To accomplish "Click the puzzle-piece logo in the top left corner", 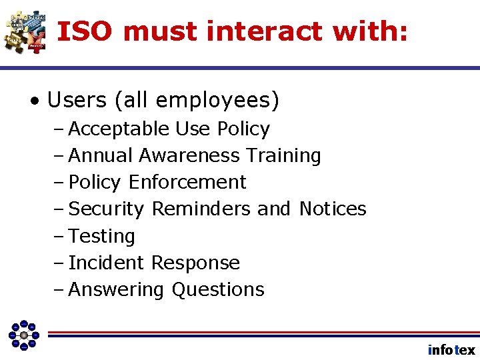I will coord(25,31).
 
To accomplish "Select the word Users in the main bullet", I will coord(77,101).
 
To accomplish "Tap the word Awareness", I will coord(189,155).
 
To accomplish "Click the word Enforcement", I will coord(187,182).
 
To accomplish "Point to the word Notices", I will coord(333,209).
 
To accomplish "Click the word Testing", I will coord(102,236).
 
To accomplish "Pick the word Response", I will coord(195,263).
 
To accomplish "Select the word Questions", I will coord(218,289).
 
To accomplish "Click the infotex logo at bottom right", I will coord(451,350).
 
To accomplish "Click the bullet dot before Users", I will coord(33,101).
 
